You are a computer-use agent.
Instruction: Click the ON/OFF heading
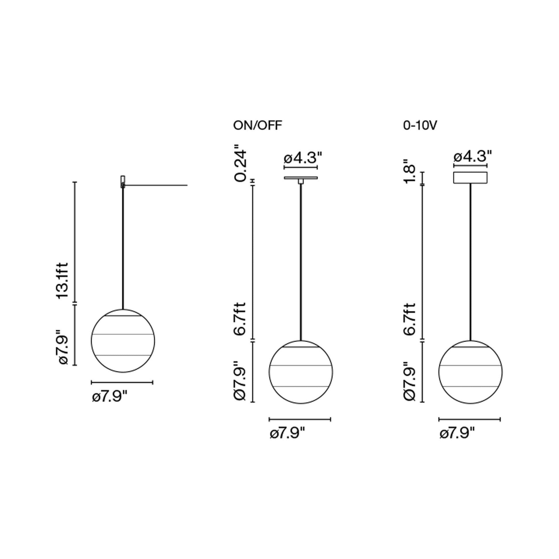pyautogui.click(x=257, y=126)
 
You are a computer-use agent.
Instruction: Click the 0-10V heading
pyautogui.click(x=420, y=126)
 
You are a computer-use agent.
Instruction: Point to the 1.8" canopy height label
pyautogui.click(x=410, y=171)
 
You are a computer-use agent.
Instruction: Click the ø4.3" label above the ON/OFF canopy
pyautogui.click(x=303, y=158)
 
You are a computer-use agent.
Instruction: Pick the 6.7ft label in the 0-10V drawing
pyautogui.click(x=410, y=319)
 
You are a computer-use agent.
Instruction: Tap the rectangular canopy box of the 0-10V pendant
pyautogui.click(x=471, y=178)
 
